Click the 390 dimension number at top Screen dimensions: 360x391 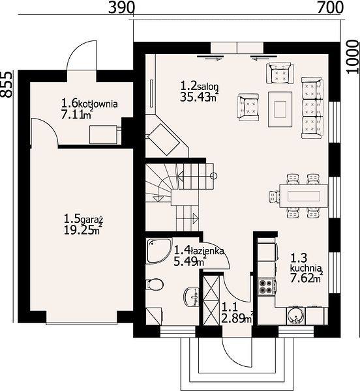[122, 8]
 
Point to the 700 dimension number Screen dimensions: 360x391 [330, 8]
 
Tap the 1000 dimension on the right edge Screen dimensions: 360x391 [352, 57]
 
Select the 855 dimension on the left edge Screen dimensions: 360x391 [6, 84]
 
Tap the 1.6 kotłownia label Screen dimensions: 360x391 [89, 103]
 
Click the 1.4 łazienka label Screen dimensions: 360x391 [199, 250]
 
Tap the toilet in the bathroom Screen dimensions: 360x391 [155, 284]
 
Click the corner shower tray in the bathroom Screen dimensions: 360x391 [158, 251]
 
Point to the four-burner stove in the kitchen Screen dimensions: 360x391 [267, 286]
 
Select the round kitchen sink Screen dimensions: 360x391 [296, 316]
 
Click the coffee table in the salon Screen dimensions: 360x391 [280, 109]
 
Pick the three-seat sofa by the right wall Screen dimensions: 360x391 [312, 108]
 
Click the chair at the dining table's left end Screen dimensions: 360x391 [275, 196]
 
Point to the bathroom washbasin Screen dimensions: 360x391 [192, 297]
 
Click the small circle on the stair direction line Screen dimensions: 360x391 [213, 176]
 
